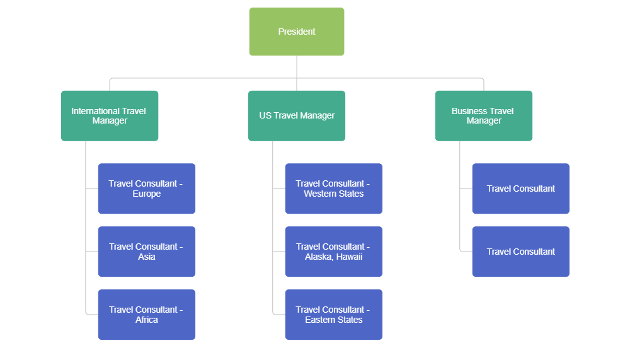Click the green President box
297,32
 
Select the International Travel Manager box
110,115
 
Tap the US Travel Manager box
297,115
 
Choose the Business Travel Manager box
483,115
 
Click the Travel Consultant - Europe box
146,189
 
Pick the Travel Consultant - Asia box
146,252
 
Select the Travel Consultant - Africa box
146,315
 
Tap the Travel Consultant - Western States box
333,189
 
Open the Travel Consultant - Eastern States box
333,315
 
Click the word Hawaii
350,257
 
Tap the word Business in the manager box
469,111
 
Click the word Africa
147,320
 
